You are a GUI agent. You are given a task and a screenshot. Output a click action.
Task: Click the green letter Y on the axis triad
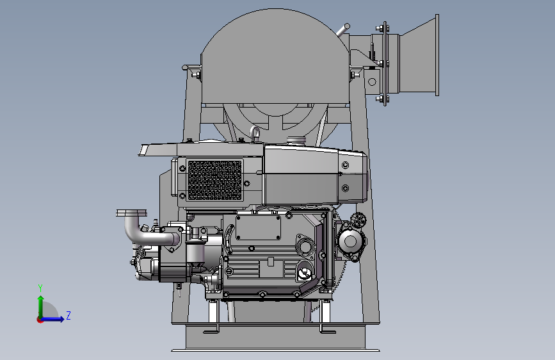point(40,288)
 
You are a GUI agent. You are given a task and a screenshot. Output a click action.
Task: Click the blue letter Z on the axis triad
point(68,315)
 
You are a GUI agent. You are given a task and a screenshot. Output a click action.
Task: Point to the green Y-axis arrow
point(41,307)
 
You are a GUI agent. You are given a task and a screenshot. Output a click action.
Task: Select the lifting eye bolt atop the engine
point(255,133)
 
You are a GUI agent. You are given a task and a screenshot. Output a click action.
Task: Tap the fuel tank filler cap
point(296,140)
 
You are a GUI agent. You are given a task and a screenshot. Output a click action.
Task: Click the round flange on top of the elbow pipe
point(131,213)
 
